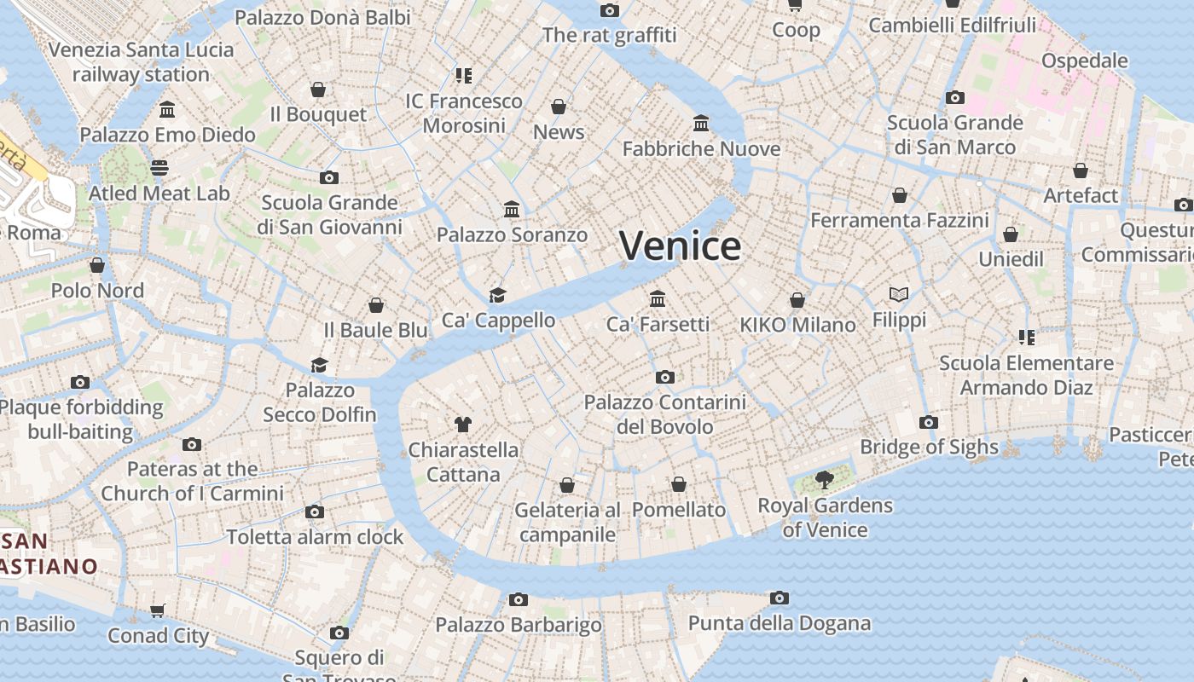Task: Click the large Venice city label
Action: tap(680, 246)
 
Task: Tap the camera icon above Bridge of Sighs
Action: tap(929, 422)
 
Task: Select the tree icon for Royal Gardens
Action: tap(824, 479)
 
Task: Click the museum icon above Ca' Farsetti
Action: tap(658, 298)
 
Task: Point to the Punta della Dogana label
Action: tap(780, 623)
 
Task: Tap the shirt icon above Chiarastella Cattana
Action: tap(463, 424)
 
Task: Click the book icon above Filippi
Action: tap(898, 294)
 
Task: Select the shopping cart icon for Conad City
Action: tap(158, 610)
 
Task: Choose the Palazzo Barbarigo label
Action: tap(519, 625)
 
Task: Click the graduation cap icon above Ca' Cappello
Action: tap(497, 295)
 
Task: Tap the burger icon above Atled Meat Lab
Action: tap(159, 167)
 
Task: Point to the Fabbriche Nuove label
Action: tap(701, 149)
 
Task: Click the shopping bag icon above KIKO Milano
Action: tap(797, 300)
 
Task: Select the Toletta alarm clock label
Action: tap(315, 537)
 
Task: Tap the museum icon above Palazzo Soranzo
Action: tap(512, 209)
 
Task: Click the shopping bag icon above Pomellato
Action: tap(679, 484)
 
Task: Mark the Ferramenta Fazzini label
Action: tap(899, 221)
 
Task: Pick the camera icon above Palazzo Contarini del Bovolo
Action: tap(665, 377)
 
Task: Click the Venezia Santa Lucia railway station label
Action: tap(141, 61)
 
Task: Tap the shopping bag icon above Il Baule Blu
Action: tap(376, 304)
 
